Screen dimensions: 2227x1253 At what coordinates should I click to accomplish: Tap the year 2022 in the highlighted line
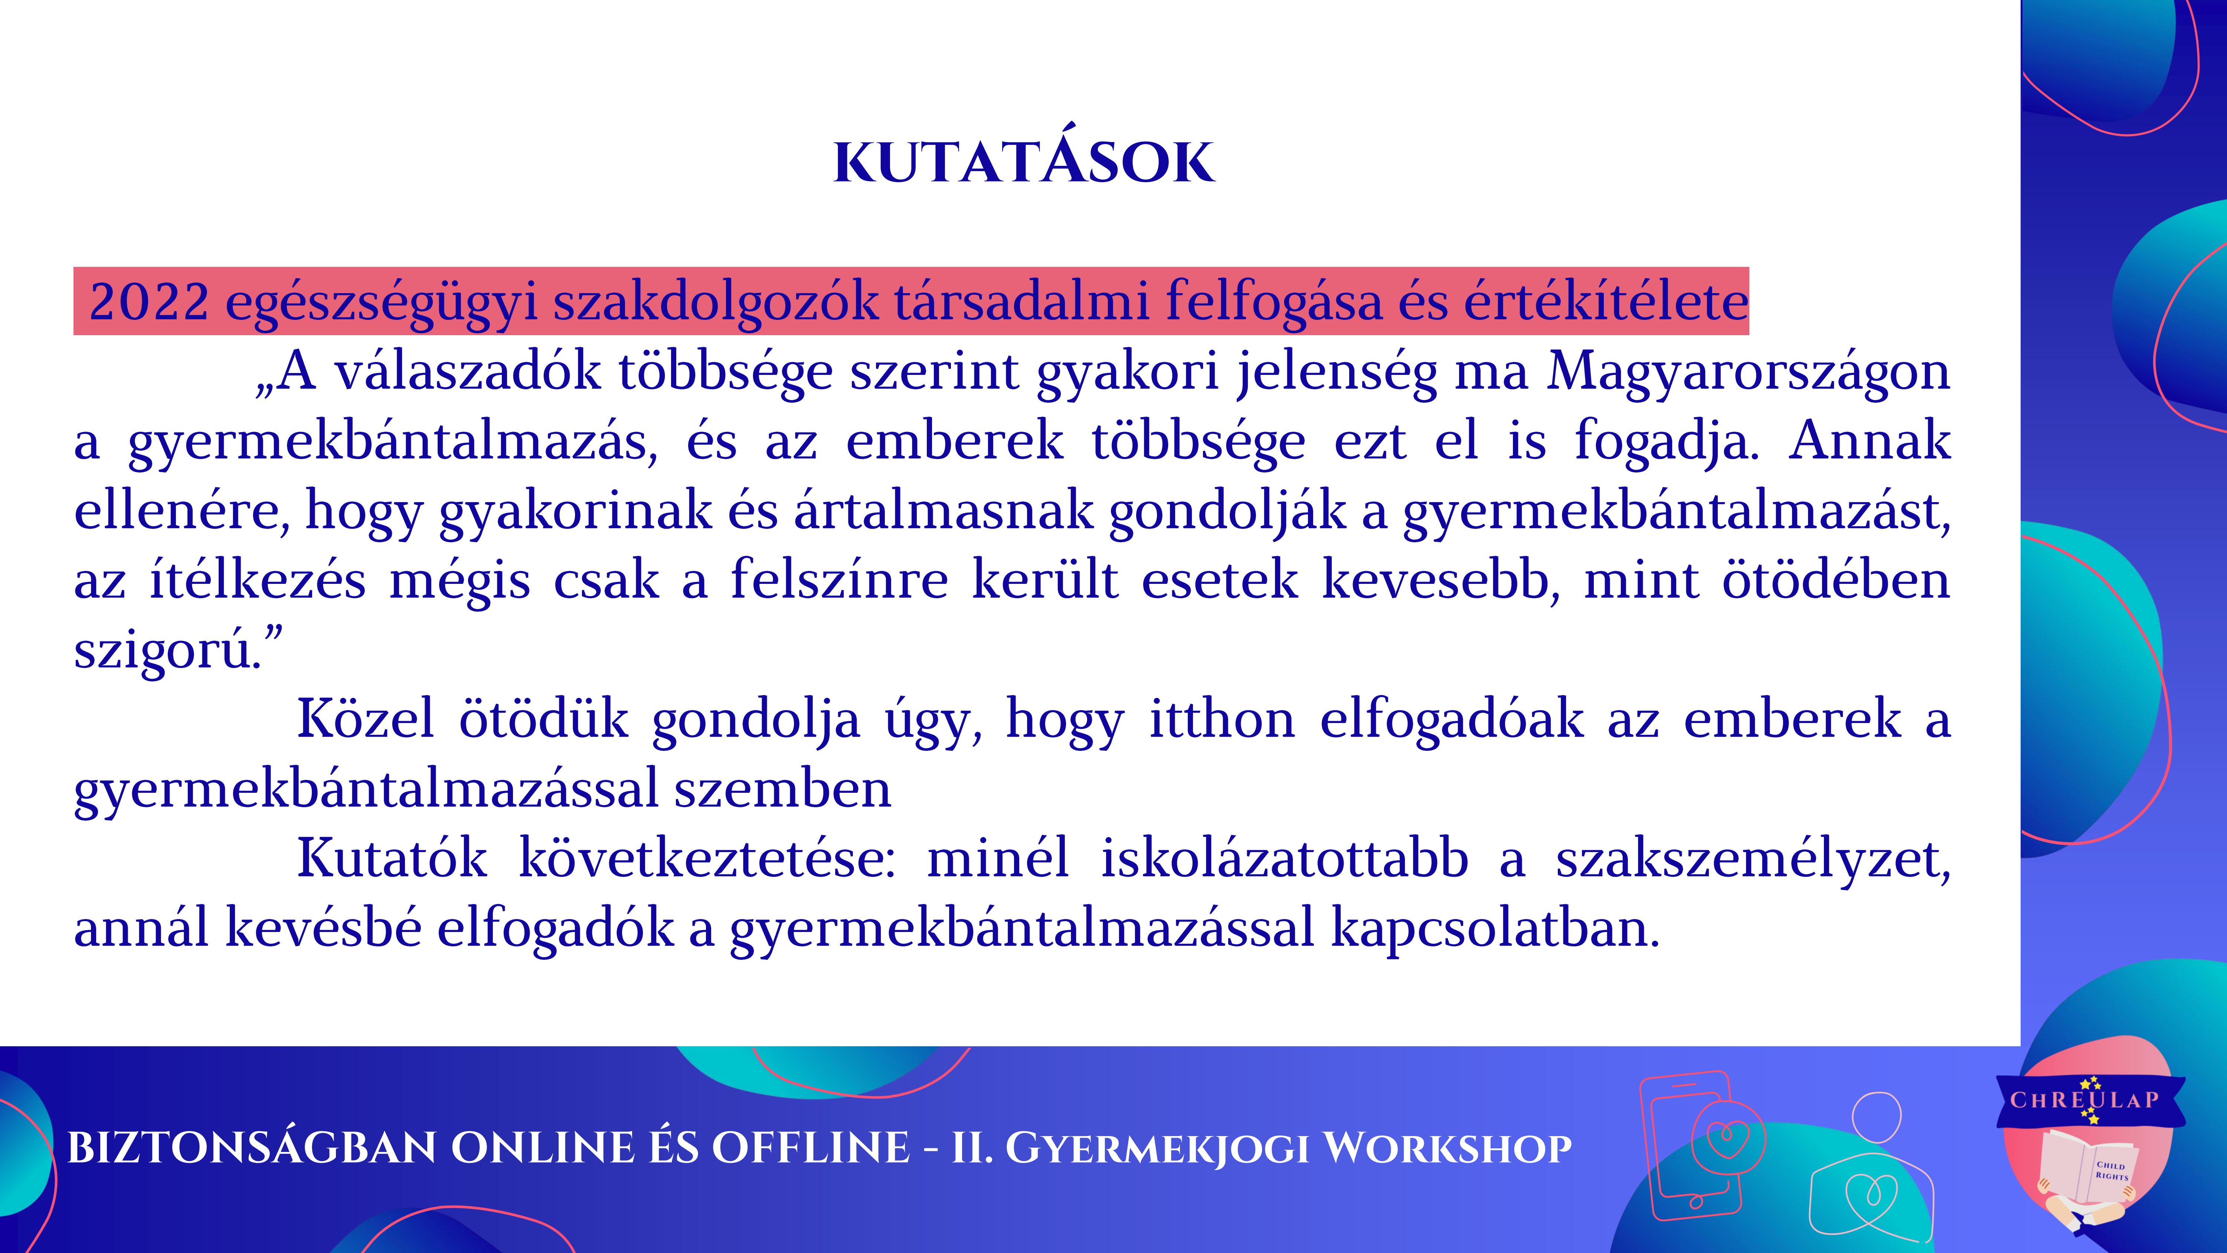coord(149,302)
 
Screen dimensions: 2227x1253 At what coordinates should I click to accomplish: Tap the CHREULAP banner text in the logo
coord(2084,1100)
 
